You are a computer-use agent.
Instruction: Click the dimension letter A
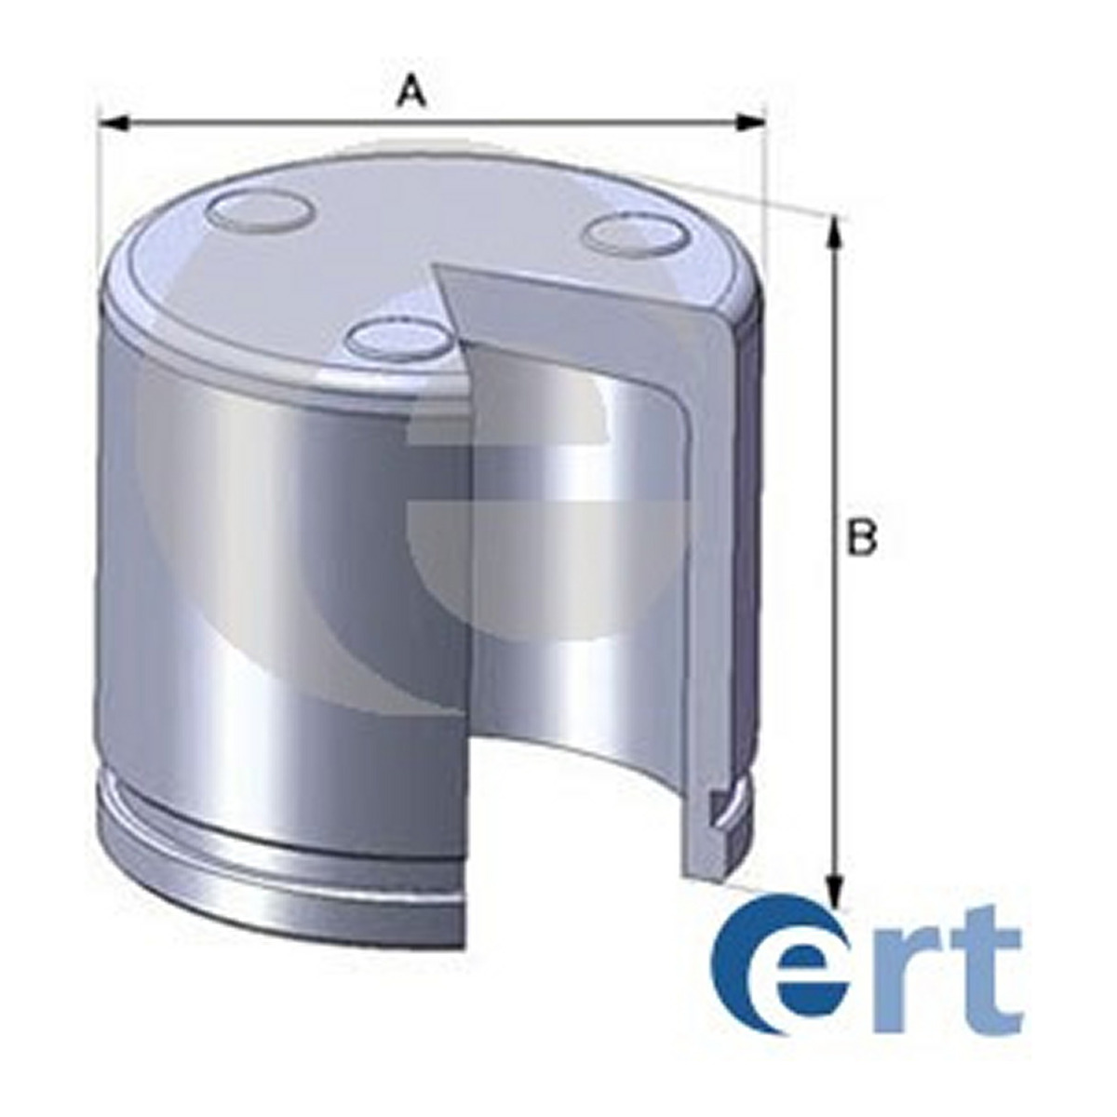pyautogui.click(x=411, y=93)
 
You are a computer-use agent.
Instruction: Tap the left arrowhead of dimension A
pyautogui.click(x=114, y=124)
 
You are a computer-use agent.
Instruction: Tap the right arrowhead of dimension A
pyautogui.click(x=750, y=124)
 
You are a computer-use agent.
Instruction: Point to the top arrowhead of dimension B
pyautogui.click(x=833, y=232)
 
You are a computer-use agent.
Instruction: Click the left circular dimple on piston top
pyautogui.click(x=260, y=212)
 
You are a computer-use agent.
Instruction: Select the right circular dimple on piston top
pyautogui.click(x=639, y=235)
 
